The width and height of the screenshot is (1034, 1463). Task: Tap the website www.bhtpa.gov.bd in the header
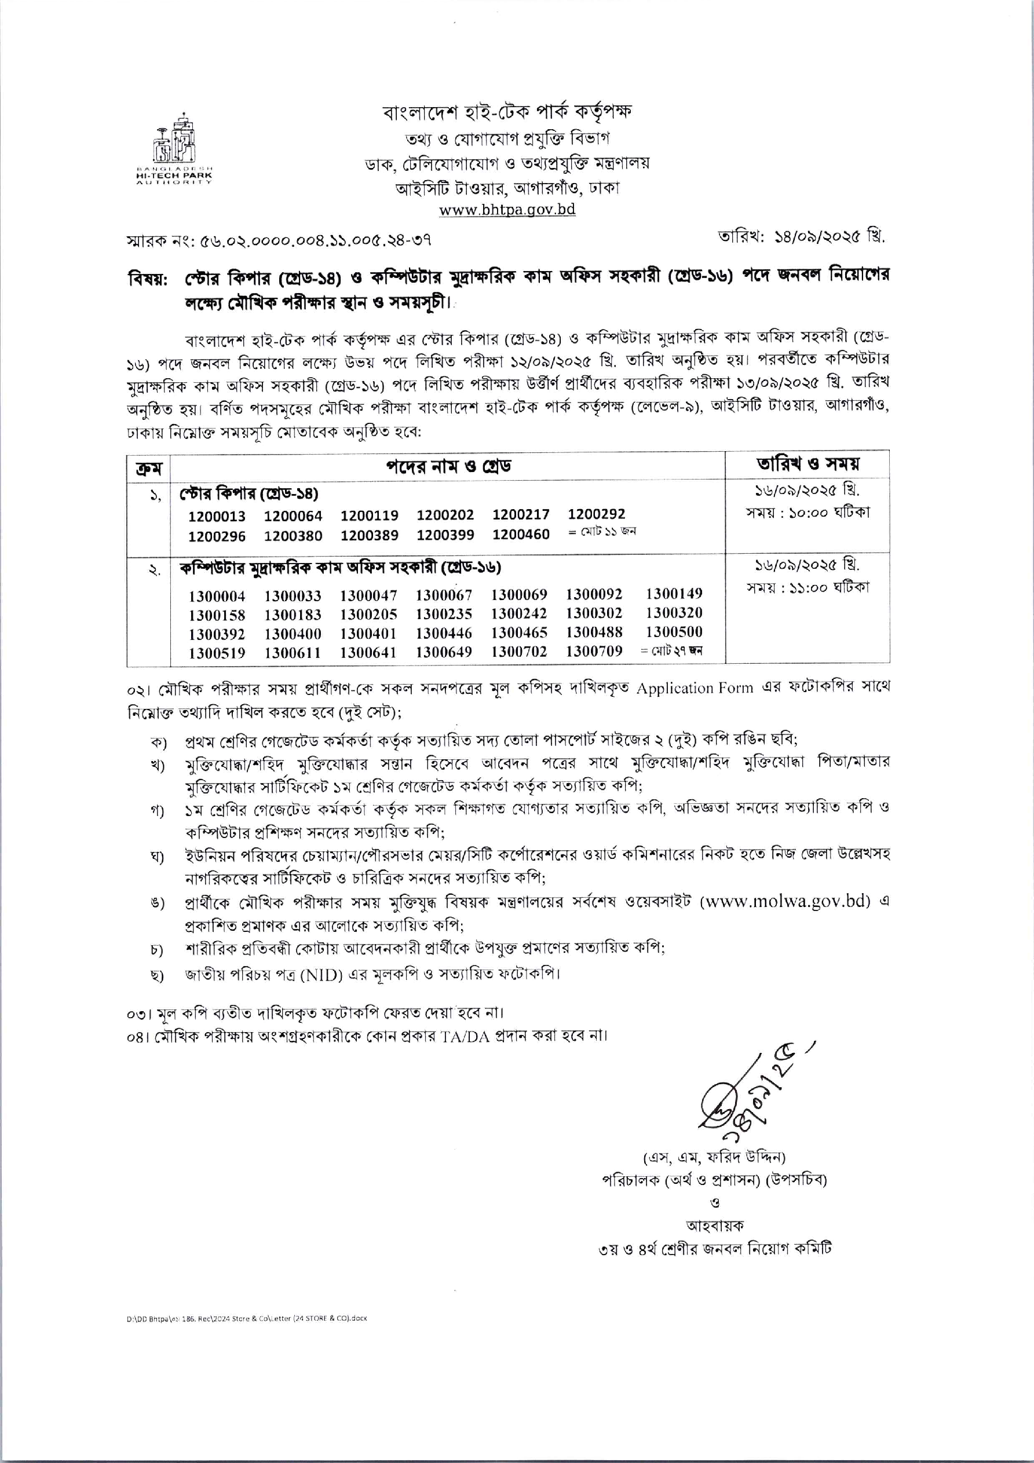pyautogui.click(x=507, y=210)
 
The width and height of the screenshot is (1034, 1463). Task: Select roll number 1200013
pyautogui.click(x=216, y=517)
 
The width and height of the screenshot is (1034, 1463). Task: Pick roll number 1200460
pyautogui.click(x=520, y=535)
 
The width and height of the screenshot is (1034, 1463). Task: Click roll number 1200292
pyautogui.click(x=596, y=514)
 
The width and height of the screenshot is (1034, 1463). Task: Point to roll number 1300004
pyautogui.click(x=217, y=597)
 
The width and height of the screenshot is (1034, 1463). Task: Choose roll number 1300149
pyautogui.click(x=673, y=594)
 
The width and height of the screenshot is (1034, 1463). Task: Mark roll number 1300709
pyautogui.click(x=594, y=650)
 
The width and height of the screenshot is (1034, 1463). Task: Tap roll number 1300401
pyautogui.click(x=368, y=634)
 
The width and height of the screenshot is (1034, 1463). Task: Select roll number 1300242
pyautogui.click(x=518, y=613)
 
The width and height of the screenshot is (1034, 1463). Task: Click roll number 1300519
pyautogui.click(x=217, y=653)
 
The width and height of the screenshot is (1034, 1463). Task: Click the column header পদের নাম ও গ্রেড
pyautogui.click(x=448, y=466)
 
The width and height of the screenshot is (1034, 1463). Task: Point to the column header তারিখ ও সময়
pyautogui.click(x=807, y=464)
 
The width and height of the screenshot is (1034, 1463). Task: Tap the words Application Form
pyautogui.click(x=694, y=688)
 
